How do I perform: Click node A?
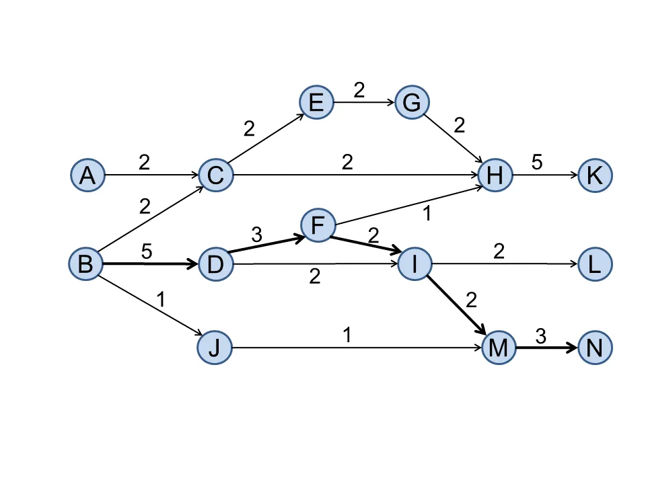click(x=87, y=175)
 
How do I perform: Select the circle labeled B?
click(x=85, y=264)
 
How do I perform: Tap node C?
click(x=215, y=175)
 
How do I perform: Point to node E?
click(x=316, y=103)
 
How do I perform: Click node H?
click(x=495, y=175)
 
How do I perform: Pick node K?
click(x=595, y=175)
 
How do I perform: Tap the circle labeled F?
click(x=318, y=225)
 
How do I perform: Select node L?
click(x=595, y=264)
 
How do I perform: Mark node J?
click(x=215, y=348)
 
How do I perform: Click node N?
click(x=595, y=348)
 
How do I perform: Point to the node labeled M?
click(x=499, y=348)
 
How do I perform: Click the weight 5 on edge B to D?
click(x=146, y=251)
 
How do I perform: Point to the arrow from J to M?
click(x=357, y=348)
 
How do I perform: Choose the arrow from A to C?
click(x=151, y=175)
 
